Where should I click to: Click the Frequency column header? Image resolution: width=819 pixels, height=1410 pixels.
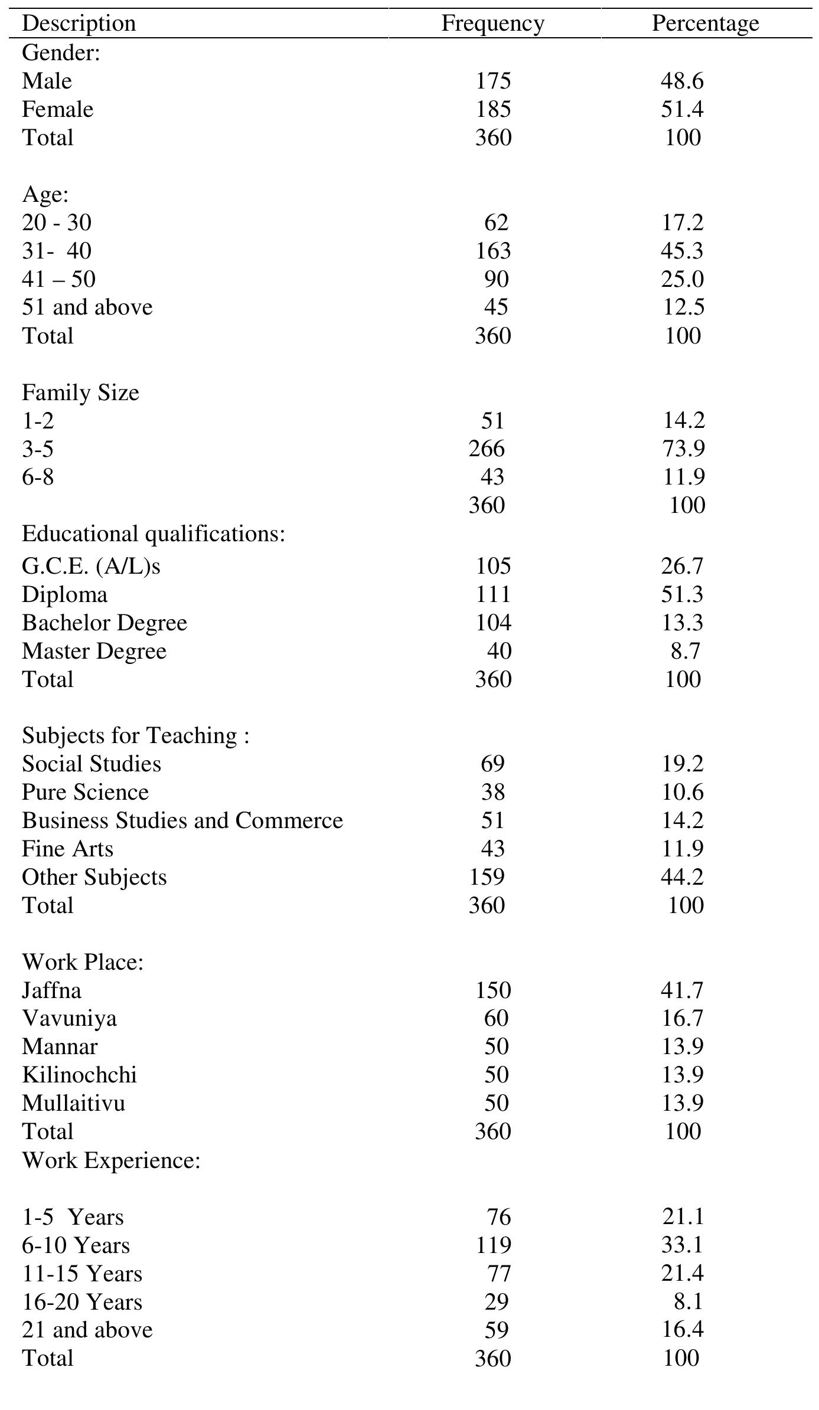(492, 24)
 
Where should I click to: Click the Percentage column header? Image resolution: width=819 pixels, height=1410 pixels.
(705, 24)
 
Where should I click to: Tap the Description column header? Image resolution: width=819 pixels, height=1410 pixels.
(79, 24)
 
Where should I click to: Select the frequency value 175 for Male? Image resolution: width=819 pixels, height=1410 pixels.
(493, 81)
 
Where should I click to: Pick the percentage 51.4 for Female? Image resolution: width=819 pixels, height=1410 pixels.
(682, 109)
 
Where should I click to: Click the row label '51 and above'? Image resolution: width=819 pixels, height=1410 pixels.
(87, 307)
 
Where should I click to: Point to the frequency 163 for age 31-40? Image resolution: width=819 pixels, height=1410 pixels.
(493, 251)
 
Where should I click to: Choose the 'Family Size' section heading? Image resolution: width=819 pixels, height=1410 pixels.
(80, 392)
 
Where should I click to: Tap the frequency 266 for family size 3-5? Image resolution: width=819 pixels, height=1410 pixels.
(487, 449)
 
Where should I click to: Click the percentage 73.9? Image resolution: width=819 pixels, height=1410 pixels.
(683, 449)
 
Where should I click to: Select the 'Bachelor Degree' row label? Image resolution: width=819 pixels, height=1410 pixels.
(105, 623)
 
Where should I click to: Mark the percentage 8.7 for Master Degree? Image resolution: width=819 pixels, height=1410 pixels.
(685, 651)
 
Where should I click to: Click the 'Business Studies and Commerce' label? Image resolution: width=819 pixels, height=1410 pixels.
(182, 820)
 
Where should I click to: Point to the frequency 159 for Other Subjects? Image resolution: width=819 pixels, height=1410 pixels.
(487, 877)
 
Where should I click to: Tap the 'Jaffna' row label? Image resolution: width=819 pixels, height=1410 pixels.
(51, 990)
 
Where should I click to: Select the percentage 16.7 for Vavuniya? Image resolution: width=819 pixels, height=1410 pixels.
(682, 1018)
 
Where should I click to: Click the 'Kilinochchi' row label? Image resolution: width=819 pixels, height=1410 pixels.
(79, 1075)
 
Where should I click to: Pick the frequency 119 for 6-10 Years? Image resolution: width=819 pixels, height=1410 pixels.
(493, 1245)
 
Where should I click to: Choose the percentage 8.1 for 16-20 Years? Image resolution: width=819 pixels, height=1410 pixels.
(687, 1302)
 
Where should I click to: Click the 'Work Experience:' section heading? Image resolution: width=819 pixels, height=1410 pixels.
(111, 1160)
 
